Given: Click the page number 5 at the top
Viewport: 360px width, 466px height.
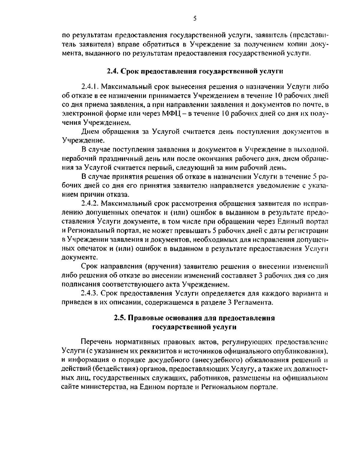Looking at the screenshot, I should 195,19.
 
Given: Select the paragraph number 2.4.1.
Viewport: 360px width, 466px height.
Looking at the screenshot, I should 90,87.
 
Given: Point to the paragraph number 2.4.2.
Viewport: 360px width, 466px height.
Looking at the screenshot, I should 90,204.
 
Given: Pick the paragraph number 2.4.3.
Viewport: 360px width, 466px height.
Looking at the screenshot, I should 90,293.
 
